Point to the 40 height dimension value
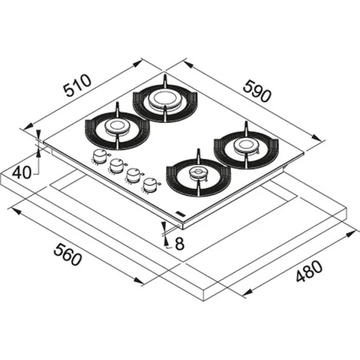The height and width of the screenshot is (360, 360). coord(22,173)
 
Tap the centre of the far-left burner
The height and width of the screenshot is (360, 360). coord(117,127)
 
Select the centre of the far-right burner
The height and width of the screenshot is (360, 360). coord(245,145)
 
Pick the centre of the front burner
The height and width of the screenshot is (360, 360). coord(197,174)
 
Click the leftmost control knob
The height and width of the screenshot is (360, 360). coord(100,156)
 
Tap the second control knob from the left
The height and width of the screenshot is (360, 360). coord(117,166)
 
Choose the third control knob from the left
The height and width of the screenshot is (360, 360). coord(133,175)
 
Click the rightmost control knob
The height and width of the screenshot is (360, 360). coord(150,185)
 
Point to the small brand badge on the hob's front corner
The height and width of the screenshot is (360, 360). coord(181,214)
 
